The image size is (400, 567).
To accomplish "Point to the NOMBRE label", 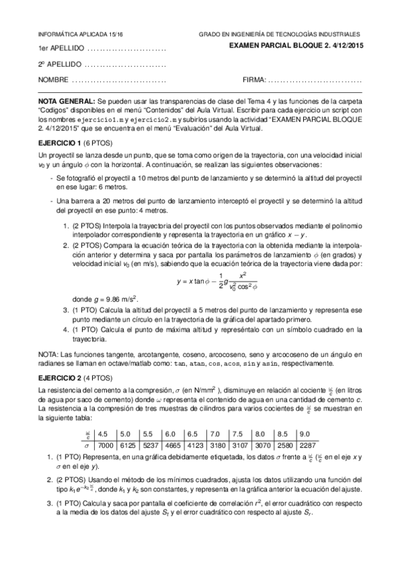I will [x=53, y=80].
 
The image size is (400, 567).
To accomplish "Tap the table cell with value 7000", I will [x=108, y=444].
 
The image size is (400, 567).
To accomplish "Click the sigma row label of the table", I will [x=85, y=444].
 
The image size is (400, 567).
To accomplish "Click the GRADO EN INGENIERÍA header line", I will [x=279, y=34].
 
